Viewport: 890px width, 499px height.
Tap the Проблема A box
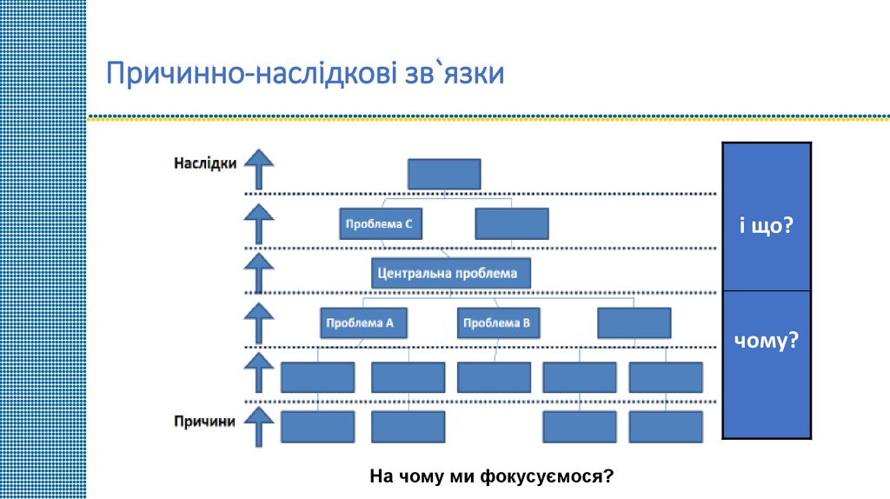click(360, 323)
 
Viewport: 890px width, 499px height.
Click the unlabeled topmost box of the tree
click(444, 173)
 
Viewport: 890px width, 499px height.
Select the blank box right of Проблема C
click(512, 224)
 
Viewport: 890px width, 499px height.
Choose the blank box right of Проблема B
click(634, 323)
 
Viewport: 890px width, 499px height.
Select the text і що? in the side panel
click(767, 225)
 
